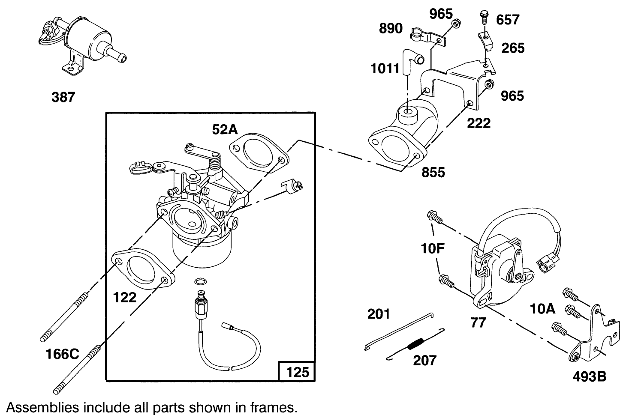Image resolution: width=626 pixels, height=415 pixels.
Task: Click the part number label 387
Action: click(x=63, y=97)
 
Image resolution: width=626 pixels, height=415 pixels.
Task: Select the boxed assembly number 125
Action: click(x=298, y=371)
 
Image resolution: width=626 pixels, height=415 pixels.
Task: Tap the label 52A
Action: click(x=225, y=129)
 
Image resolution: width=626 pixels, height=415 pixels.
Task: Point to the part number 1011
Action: click(x=385, y=69)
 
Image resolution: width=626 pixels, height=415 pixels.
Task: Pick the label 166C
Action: click(x=63, y=354)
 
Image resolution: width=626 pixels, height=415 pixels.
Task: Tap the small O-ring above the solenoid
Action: click(x=199, y=281)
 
